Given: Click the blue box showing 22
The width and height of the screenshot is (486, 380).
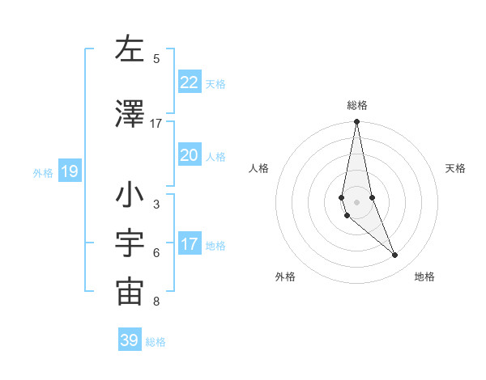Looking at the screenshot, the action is pos(190,82).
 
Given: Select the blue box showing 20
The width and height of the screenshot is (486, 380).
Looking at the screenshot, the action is pos(190,155).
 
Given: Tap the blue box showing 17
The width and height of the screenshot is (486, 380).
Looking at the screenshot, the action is pos(190,244).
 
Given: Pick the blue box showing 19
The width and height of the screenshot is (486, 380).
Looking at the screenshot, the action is pos(69,171).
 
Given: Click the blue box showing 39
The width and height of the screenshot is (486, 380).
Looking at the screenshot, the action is pos(130,340).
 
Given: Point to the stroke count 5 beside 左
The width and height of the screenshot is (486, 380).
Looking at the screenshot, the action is pos(156,59).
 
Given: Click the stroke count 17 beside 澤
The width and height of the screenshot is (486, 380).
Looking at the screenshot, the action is pos(156,124).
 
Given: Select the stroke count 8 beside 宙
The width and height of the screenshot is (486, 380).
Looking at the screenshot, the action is pos(156,302).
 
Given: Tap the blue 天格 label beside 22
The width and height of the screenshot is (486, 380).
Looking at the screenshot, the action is pos(215,84).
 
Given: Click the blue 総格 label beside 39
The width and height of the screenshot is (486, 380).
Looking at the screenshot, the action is pos(156,342).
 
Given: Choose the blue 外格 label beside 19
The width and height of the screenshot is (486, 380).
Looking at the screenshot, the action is pos(43,173).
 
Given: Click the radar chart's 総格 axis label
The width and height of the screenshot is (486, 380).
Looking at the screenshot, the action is pos(357,105).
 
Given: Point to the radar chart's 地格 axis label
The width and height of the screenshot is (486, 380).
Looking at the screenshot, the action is pos(424,277).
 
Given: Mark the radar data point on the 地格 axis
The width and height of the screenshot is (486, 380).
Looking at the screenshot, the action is pos(395,255).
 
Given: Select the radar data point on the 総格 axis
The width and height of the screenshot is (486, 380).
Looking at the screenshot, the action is pos(356,122).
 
